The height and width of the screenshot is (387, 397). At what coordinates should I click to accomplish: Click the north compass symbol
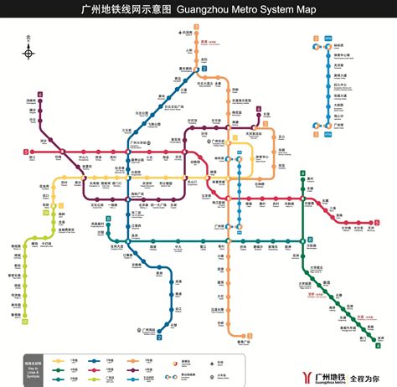[29, 53]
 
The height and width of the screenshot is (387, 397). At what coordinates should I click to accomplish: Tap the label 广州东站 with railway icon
[223, 142]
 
